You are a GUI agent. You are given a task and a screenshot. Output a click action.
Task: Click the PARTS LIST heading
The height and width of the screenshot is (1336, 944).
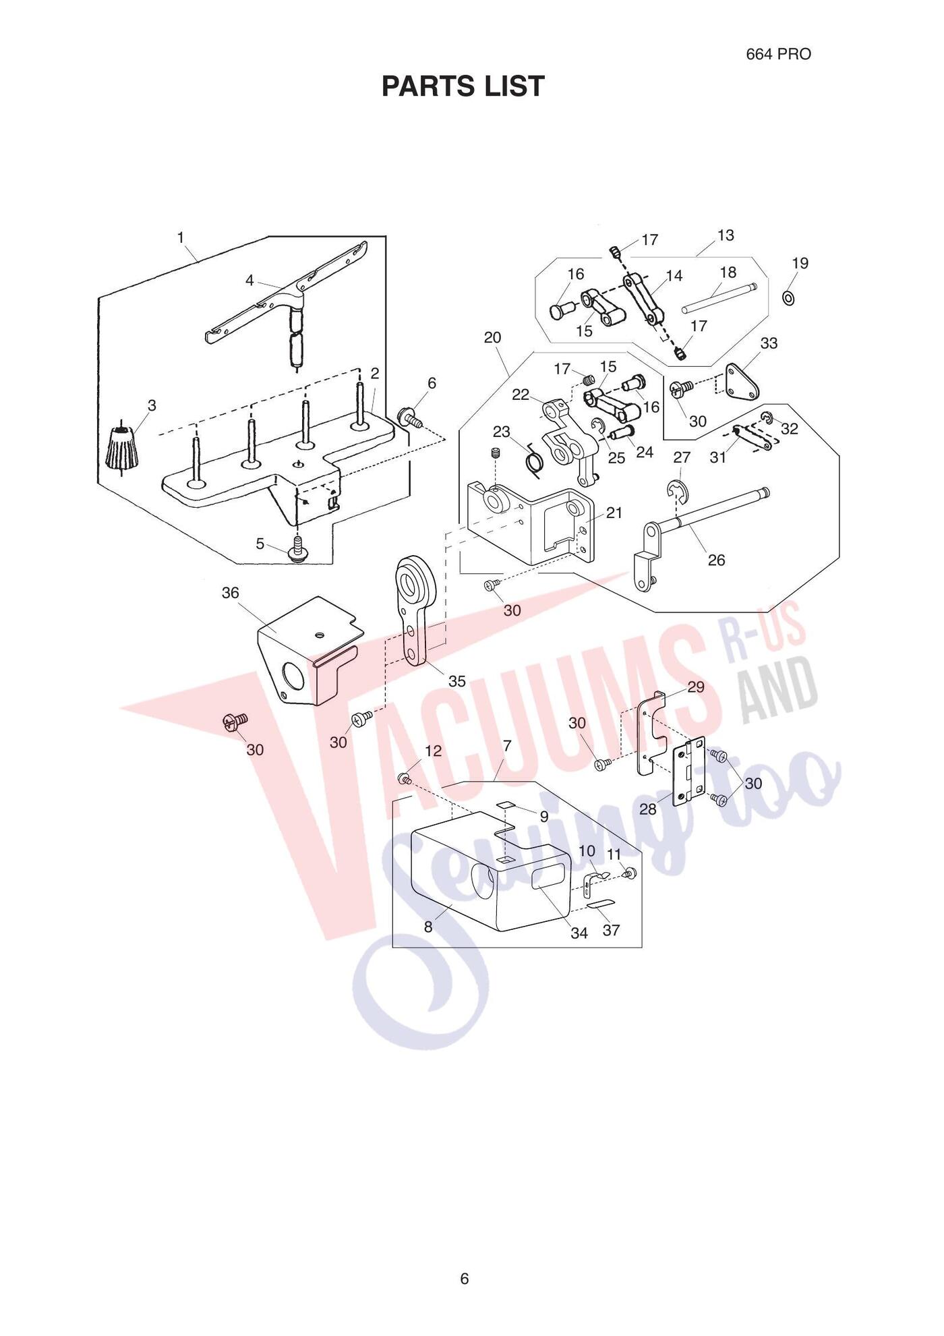click(x=463, y=86)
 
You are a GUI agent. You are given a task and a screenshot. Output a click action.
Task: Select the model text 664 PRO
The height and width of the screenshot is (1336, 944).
click(x=778, y=54)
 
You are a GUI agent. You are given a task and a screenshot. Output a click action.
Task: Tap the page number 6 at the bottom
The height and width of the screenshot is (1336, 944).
click(x=464, y=1278)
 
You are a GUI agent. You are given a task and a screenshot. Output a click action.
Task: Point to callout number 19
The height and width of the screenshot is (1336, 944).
click(x=800, y=263)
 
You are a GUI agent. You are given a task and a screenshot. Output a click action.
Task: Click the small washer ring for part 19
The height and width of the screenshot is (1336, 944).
click(x=788, y=296)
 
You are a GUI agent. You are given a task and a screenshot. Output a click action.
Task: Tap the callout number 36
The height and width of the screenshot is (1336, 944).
click(x=231, y=593)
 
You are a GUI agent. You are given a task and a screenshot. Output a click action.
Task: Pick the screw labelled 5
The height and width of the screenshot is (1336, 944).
click(x=296, y=548)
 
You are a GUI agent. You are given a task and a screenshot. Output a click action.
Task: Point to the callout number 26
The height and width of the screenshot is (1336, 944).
click(x=716, y=560)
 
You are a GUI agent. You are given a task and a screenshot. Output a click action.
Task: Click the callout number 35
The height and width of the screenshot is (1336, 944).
click(x=456, y=681)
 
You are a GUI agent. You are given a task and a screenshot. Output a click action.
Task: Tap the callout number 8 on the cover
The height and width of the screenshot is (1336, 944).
click(x=428, y=927)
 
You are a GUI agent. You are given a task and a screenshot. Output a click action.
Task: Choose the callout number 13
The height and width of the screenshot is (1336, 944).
click(x=726, y=235)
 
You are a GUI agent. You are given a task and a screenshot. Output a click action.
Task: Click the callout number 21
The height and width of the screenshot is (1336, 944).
click(x=614, y=513)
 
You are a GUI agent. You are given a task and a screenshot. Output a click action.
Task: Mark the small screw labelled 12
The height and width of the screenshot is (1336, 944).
click(x=405, y=780)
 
